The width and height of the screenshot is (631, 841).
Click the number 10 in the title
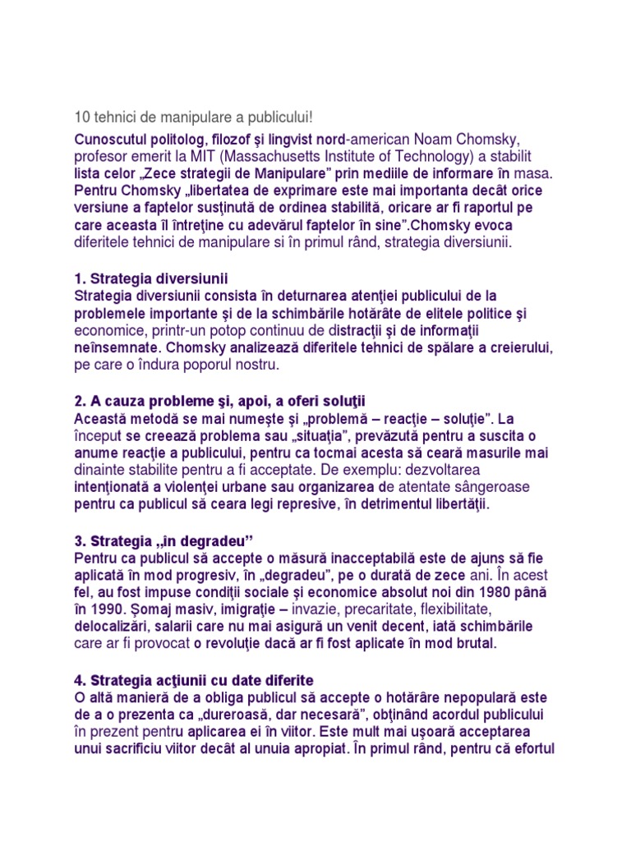click(82, 117)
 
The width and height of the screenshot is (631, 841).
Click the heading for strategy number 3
click(165, 541)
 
